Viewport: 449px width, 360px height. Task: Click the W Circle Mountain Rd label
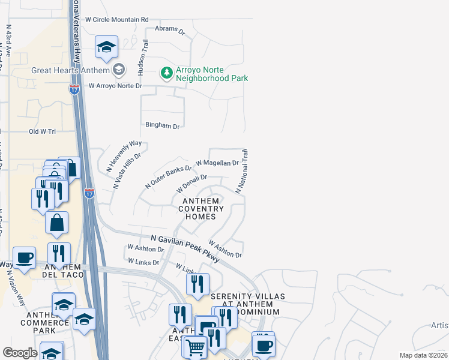coord(116,19)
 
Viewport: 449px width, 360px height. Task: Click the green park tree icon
coord(166,73)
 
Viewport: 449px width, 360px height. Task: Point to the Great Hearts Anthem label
coord(71,70)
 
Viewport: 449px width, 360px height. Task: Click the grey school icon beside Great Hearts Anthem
coord(119,70)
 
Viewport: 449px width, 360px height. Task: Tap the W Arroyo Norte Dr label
coord(115,86)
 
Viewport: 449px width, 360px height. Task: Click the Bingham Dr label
coord(163,126)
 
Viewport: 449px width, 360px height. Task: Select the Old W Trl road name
coord(42,131)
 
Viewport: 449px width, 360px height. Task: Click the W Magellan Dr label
coord(217,163)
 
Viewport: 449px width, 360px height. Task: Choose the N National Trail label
coord(241,172)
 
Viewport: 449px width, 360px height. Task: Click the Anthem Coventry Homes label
coord(201,209)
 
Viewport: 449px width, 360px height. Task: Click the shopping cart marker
coord(195,347)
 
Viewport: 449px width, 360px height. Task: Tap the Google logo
coord(20,353)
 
